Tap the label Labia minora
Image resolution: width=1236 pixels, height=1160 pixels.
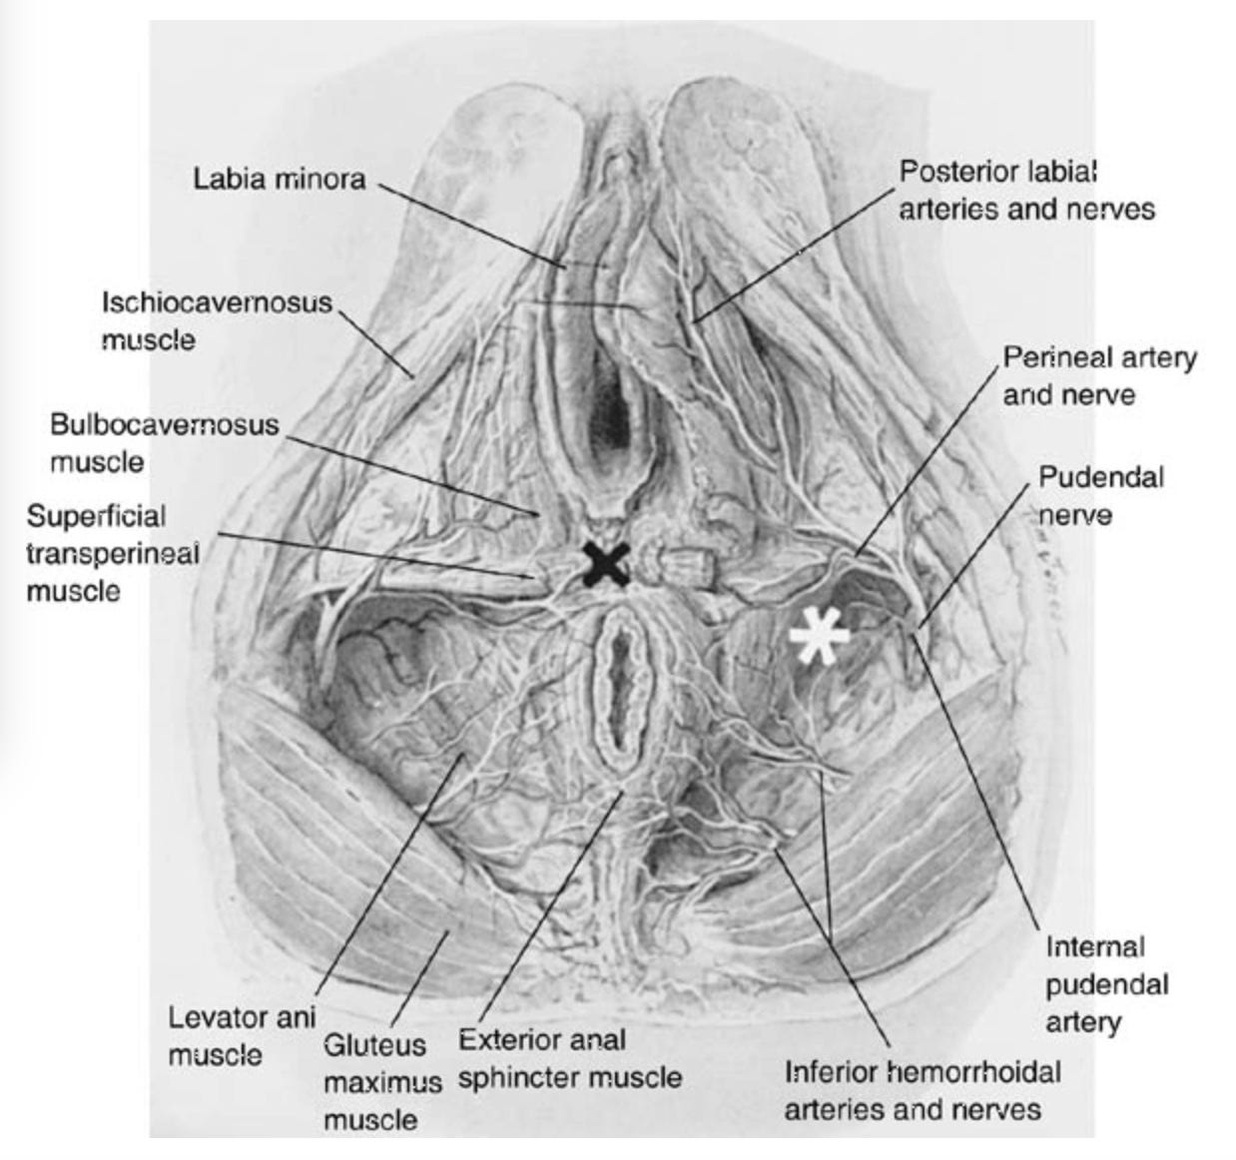pyautogui.click(x=280, y=180)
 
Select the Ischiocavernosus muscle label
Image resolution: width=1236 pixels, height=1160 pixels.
pyautogui.click(x=216, y=320)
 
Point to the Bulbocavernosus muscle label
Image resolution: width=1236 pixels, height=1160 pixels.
pyautogui.click(x=164, y=443)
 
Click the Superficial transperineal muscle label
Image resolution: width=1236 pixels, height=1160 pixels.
pyautogui.click(x=112, y=553)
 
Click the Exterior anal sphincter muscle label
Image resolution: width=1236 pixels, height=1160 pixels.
pyautogui.click(x=570, y=1058)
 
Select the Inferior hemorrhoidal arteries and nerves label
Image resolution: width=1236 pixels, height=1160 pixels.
pyautogui.click(x=922, y=1090)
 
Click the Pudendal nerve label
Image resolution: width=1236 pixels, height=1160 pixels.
pyautogui.click(x=1100, y=495)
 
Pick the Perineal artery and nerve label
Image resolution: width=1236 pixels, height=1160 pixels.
pyautogui.click(x=1099, y=375)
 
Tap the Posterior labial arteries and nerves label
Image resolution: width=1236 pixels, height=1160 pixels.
pyautogui.click(x=1026, y=190)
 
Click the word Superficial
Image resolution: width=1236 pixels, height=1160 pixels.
pyautogui.click(x=96, y=516)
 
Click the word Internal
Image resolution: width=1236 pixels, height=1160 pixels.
pyautogui.click(x=1094, y=946)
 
